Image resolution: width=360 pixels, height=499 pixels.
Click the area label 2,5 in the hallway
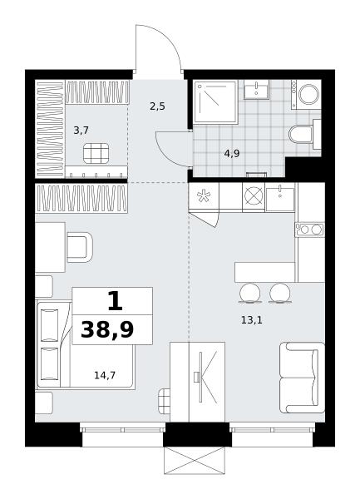click(x=157, y=106)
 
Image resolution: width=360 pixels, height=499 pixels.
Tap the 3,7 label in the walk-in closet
click(x=81, y=131)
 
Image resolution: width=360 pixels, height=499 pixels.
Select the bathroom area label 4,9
click(x=232, y=154)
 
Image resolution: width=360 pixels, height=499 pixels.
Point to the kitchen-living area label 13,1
click(x=252, y=320)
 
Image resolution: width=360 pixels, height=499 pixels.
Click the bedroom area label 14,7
click(x=105, y=376)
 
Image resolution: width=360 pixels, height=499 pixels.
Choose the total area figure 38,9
click(x=107, y=330)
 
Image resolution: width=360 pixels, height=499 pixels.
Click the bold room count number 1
click(x=115, y=301)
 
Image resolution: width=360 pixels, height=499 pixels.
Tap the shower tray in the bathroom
click(x=215, y=101)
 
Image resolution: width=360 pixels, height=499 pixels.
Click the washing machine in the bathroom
click(x=306, y=95)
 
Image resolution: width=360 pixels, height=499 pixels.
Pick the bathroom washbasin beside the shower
click(x=256, y=90)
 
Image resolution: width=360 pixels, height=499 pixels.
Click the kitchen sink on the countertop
click(x=280, y=200)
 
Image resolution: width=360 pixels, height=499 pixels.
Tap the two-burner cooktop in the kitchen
click(x=309, y=230)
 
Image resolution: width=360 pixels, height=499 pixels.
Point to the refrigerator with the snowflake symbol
click(x=204, y=195)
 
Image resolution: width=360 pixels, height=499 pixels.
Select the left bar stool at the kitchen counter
click(x=250, y=293)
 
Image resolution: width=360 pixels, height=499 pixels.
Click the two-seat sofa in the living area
click(x=302, y=378)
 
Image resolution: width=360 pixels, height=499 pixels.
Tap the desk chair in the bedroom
click(x=80, y=247)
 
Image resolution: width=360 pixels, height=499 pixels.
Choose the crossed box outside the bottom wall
click(x=195, y=460)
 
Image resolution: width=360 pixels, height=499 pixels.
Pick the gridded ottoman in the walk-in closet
click(x=96, y=153)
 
